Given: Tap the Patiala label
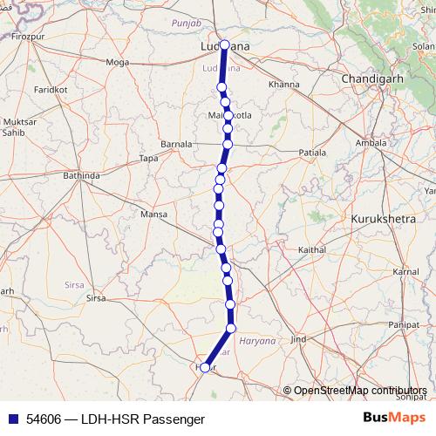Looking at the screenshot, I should [x=312, y=152].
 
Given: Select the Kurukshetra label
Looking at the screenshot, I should [x=383, y=220].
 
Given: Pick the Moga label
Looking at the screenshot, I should [x=116, y=62].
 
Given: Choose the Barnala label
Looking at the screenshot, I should [x=177, y=143].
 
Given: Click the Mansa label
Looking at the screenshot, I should [x=153, y=214].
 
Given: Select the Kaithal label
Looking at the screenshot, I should [x=311, y=249].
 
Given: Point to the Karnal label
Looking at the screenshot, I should [x=405, y=272].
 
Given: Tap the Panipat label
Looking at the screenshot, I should [x=415, y=324].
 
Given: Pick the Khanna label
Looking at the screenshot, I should [x=284, y=85].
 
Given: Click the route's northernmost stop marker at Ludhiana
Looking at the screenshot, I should [x=225, y=45].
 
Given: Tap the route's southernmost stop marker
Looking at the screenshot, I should [x=205, y=368].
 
